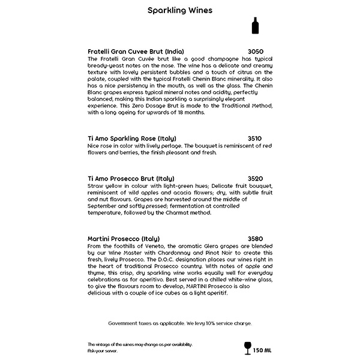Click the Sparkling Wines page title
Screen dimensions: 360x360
point(180,10)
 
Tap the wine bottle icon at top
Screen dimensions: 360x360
point(256,26)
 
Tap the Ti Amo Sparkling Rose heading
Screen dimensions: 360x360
point(132,139)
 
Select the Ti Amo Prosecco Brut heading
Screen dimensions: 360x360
point(131,179)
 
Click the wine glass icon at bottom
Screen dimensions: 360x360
point(247,347)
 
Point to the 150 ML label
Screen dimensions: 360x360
point(263,350)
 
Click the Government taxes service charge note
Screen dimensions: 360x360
point(180,323)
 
